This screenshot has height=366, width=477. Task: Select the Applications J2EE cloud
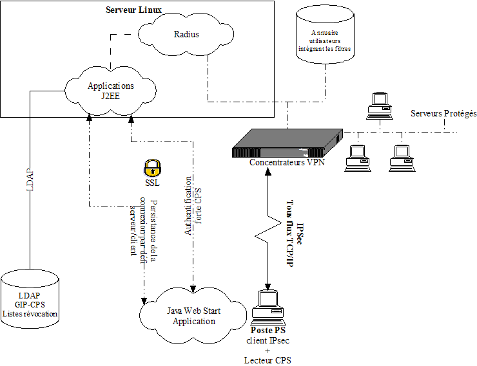coord(111,91)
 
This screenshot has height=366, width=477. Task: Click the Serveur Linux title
coord(134,11)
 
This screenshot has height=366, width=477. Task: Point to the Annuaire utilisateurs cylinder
coord(326,39)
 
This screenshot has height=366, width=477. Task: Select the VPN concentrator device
coord(287,143)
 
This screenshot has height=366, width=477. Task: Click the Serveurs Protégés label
coord(443,113)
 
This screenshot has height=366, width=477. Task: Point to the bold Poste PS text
coord(268,330)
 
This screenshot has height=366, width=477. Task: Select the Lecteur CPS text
coord(268,360)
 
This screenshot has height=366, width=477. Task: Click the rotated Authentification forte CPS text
coord(193,206)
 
